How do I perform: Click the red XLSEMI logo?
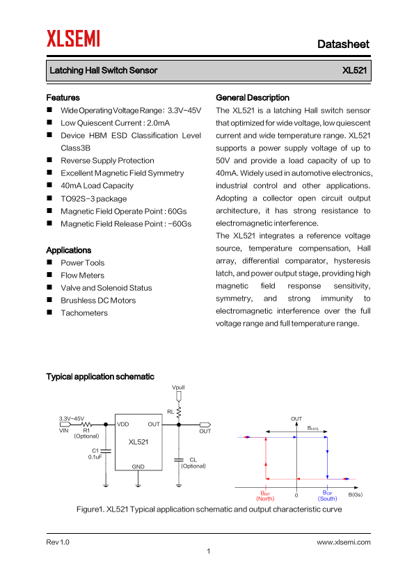(x=73, y=38)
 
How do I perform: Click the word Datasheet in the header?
(x=343, y=44)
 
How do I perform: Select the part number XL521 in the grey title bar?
(x=354, y=70)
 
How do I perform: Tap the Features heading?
(x=63, y=97)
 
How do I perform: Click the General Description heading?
(x=253, y=97)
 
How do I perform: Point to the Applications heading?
(x=69, y=250)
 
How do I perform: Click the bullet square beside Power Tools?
(x=49, y=262)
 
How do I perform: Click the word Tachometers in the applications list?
(x=84, y=312)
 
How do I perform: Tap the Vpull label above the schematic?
(x=178, y=387)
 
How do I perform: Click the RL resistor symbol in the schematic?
(x=179, y=413)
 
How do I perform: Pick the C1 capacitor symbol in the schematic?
(x=106, y=451)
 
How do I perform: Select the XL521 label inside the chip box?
(x=138, y=442)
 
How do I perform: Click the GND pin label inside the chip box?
(x=138, y=466)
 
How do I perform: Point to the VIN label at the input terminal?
(x=64, y=431)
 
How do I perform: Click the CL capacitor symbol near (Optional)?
(x=179, y=459)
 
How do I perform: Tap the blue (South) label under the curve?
(x=327, y=498)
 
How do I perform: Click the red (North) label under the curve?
(x=265, y=498)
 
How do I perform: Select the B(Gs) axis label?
(x=356, y=494)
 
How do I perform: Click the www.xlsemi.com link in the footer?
(x=344, y=542)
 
